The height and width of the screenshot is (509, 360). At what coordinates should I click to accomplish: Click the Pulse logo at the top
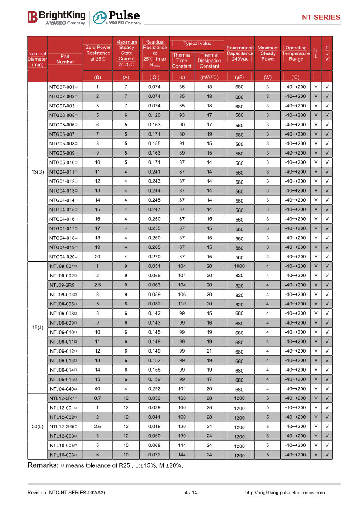pos(117,17)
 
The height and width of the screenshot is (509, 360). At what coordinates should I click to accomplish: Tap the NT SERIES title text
pos(321,18)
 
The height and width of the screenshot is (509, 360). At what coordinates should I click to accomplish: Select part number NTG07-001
pos(63,87)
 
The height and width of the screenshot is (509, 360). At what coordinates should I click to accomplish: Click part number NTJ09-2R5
pos(63,285)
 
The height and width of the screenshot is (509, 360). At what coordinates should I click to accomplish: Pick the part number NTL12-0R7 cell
pos(63,398)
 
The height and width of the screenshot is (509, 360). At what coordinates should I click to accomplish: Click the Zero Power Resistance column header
pos(97,53)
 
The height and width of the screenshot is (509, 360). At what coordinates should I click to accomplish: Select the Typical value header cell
pos(197,44)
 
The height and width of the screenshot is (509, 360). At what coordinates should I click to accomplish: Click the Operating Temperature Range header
pos(296,53)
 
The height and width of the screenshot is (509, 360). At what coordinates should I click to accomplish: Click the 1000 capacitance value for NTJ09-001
pos(239,266)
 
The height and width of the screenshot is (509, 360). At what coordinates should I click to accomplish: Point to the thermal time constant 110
pos(182,304)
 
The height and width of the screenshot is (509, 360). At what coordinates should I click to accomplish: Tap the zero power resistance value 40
pos(97,388)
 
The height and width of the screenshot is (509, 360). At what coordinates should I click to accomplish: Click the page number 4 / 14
pos(191,493)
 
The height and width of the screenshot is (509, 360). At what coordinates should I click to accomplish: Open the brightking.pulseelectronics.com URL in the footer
pos(285,493)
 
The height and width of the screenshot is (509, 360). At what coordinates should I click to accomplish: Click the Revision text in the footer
pos(66,493)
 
